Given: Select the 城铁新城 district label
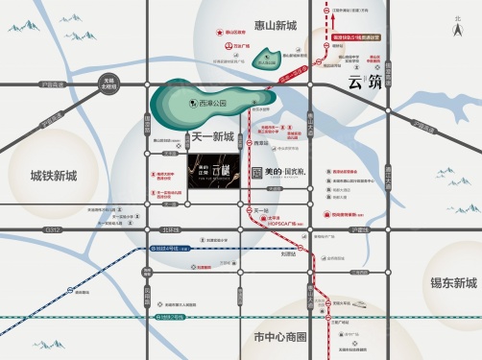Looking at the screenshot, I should pyautogui.click(x=39, y=176).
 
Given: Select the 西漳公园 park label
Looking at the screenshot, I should pyautogui.click(x=207, y=100).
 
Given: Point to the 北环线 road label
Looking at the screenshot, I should pyautogui.click(x=170, y=231).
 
